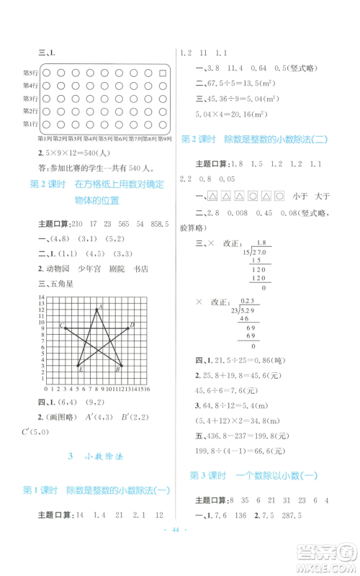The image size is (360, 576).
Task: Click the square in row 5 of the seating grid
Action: pyautogui.click(x=163, y=73)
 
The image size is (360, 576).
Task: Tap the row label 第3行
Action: pyautogui.click(x=30, y=99)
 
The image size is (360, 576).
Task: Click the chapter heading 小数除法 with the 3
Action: pyautogui.click(x=97, y=456)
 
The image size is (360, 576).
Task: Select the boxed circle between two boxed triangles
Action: pyautogui.click(x=252, y=194)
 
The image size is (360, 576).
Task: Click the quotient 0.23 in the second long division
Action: pyautogui.click(x=249, y=300)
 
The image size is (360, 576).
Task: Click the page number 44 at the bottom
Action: pyautogui.click(x=179, y=549)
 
